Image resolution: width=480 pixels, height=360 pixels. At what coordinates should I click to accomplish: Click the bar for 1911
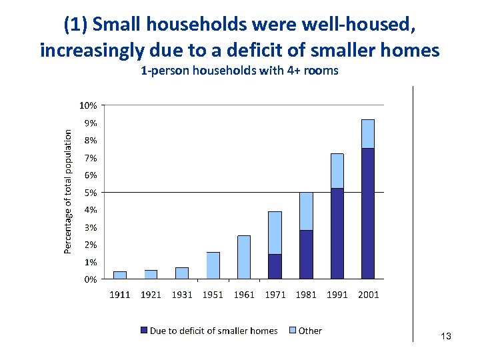120,275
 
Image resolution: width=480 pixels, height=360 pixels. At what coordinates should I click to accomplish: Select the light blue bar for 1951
213,265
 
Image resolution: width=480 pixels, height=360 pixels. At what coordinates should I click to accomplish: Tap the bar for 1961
244,257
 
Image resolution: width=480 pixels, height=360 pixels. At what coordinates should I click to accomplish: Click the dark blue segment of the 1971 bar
275,266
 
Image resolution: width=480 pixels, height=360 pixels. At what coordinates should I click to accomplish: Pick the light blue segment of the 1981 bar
306,211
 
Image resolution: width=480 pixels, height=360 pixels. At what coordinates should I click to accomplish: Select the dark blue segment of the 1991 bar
337,233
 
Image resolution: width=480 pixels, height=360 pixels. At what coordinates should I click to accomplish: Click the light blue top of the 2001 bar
368,134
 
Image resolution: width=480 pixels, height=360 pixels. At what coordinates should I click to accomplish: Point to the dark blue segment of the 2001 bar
368,213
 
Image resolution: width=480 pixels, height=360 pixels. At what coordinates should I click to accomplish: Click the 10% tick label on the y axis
89,105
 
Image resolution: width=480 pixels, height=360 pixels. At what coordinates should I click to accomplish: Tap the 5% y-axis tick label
91,193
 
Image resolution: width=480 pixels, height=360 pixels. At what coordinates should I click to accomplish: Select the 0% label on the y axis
91,279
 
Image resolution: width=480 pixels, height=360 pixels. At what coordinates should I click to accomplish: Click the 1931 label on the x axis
182,295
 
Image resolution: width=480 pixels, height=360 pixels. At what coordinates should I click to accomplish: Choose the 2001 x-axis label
368,295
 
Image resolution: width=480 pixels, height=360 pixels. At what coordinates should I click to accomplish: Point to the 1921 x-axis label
151,295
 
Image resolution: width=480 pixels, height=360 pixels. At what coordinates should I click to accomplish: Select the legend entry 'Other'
310,331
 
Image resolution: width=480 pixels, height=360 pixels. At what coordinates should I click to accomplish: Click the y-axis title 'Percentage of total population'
67,191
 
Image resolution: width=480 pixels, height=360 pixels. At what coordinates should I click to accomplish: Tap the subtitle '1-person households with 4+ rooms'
240,71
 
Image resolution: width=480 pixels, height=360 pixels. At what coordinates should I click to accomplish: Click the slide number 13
446,337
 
